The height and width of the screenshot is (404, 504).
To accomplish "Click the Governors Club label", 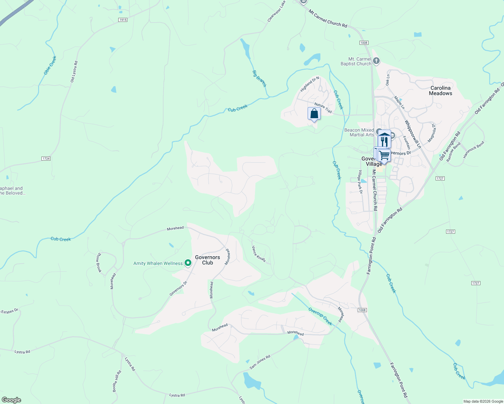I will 208,260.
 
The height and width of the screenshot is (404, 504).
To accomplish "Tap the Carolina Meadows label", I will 440,91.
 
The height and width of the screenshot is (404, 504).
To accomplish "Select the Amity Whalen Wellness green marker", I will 188,263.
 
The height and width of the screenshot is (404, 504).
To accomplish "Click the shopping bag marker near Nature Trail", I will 314,114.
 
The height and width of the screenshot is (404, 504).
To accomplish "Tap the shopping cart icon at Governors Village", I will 384,156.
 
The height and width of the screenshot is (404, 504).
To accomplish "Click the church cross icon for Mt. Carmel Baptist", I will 376,61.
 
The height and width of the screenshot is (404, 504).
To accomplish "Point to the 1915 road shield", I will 123,20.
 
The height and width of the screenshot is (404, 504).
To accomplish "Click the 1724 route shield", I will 46,158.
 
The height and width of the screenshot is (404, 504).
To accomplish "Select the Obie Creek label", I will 50,65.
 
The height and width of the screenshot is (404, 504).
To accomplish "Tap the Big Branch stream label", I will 259,78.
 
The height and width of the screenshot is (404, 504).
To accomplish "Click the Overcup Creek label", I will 320,316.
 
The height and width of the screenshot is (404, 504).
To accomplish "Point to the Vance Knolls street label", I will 259,254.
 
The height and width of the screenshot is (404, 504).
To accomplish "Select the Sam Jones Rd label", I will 260,362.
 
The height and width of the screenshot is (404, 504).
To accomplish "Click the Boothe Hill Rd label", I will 117,381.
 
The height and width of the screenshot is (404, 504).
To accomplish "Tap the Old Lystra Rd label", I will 74,72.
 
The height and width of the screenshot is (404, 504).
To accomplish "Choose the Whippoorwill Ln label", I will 413,134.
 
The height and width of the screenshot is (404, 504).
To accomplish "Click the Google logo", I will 11,400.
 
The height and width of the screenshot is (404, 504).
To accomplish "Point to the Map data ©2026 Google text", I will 483,401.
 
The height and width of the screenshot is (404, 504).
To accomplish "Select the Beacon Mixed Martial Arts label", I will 359,132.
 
